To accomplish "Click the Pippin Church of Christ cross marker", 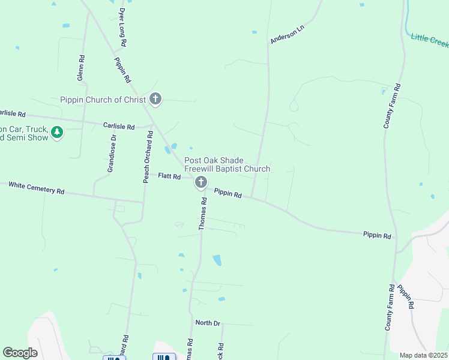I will [x=155, y=99].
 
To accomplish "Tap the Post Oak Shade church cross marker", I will [x=201, y=182].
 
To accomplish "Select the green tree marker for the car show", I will [x=57, y=132].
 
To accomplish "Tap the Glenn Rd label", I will [x=80, y=68].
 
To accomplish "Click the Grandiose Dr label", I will [x=111, y=154].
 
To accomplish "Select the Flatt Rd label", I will [x=169, y=176].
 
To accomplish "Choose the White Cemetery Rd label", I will [x=36, y=188].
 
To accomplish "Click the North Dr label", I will [x=207, y=323].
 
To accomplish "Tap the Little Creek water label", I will [x=430, y=41].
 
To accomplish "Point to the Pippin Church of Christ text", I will [x=103, y=100].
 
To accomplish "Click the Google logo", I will [x=20, y=353].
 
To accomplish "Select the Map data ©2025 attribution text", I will [x=423, y=355].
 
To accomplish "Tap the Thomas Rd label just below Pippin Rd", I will [x=203, y=215].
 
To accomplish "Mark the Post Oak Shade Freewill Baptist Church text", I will [x=227, y=164].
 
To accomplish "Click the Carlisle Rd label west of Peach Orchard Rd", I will [x=119, y=127].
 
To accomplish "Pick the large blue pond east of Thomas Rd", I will [x=217, y=260].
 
